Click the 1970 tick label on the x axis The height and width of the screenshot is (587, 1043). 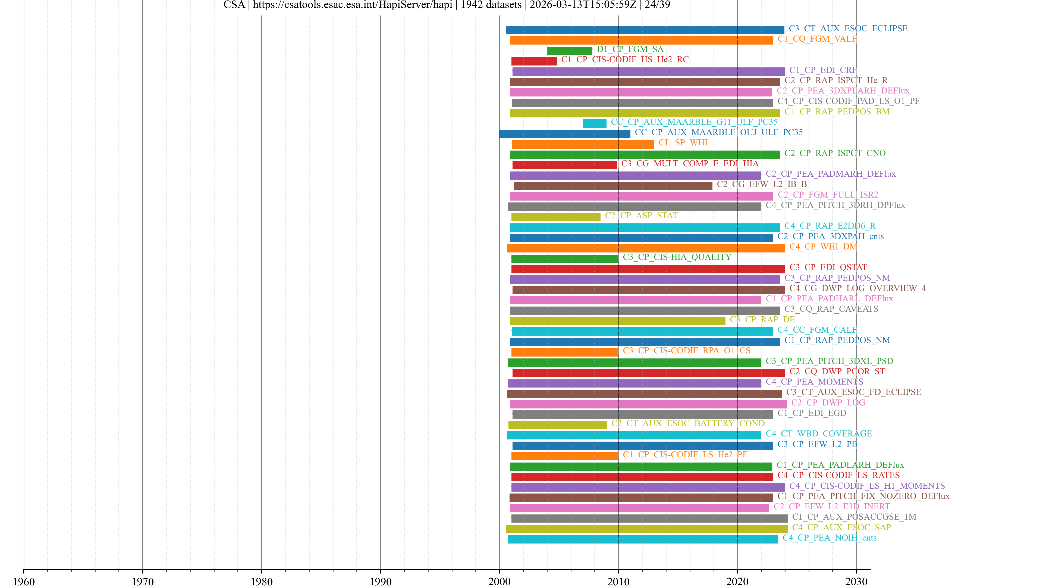[143, 581]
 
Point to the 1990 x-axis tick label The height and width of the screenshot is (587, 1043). [380, 581]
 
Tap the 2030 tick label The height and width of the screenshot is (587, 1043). [856, 581]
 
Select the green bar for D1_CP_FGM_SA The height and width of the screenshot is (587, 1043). [569, 51]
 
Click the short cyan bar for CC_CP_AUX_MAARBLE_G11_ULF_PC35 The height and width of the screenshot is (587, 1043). [594, 124]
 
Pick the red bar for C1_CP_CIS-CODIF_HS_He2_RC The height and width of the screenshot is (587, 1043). [534, 61]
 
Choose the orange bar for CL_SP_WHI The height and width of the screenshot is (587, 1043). [583, 144]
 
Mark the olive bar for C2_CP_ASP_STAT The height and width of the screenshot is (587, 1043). [555, 217]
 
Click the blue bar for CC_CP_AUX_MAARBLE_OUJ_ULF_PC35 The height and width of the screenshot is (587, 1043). [565, 134]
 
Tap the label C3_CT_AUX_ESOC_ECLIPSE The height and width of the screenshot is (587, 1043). [848, 28]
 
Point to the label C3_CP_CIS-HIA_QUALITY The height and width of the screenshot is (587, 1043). [677, 257]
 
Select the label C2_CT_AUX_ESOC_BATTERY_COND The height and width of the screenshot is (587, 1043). [687, 423]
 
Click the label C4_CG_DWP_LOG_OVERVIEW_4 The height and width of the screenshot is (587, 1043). [857, 288]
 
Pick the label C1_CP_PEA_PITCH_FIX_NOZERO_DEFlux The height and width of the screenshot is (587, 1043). [863, 496]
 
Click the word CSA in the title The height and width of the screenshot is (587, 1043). [234, 5]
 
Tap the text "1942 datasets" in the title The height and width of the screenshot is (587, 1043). [491, 5]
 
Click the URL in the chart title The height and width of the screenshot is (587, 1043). [352, 5]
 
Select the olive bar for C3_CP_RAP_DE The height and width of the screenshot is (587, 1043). [617, 321]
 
